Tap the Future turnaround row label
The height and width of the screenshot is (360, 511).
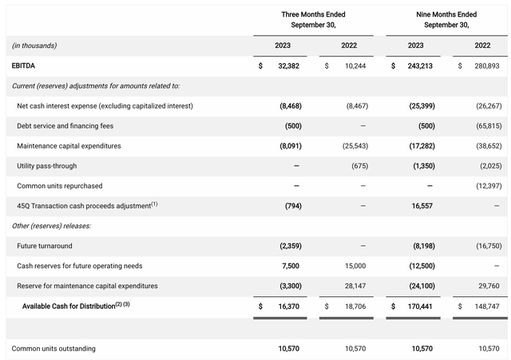(x=43, y=246)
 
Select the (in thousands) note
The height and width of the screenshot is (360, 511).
(x=34, y=45)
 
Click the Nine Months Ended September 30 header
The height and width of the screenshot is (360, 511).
(x=446, y=19)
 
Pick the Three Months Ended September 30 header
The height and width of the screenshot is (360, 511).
(x=313, y=19)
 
